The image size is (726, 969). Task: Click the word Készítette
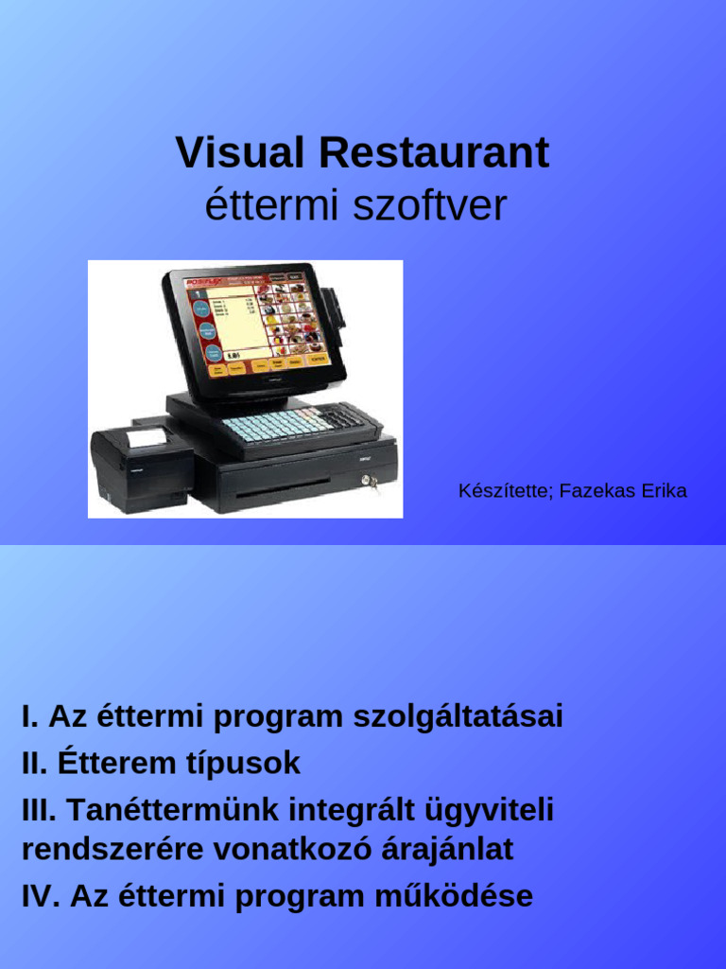tap(504, 491)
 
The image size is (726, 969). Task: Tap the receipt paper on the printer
tap(145, 437)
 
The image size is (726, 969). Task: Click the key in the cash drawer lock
tap(372, 484)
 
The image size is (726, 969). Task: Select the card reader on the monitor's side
tap(335, 305)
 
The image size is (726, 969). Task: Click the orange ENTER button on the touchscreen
tap(318, 361)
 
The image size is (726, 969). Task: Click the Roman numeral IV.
tap(41, 895)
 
